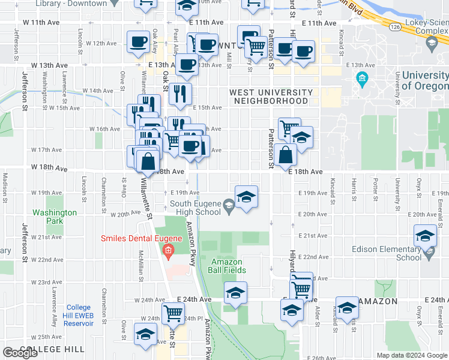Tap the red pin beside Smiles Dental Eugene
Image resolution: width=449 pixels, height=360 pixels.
pyautogui.click(x=169, y=251)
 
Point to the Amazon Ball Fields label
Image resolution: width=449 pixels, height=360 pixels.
pyautogui.click(x=228, y=266)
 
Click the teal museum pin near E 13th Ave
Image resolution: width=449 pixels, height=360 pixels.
pyautogui.click(x=362, y=79)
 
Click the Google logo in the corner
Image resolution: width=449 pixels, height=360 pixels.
pyautogui.click(x=20, y=353)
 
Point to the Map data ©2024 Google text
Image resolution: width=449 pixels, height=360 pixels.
pyautogui.click(x=412, y=355)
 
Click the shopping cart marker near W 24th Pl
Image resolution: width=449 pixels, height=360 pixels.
pyautogui.click(x=173, y=312)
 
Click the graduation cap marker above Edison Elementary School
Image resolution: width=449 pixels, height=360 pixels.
pyautogui.click(x=425, y=235)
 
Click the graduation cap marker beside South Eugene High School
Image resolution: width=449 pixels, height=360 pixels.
pyautogui.click(x=246, y=196)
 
